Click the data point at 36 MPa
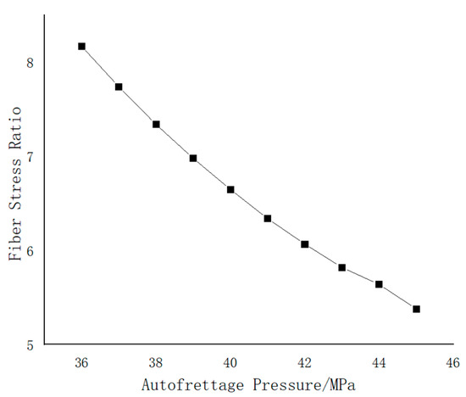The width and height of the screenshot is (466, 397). [x=81, y=46]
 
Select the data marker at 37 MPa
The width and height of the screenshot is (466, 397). [x=119, y=87]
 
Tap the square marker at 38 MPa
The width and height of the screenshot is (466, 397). [x=156, y=124]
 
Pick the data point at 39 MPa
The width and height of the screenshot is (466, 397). [x=193, y=158]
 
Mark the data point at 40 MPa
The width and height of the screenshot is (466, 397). [x=230, y=189]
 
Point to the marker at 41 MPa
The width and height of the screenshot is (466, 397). [x=268, y=218]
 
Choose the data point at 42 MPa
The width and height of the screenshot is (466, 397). [x=305, y=244]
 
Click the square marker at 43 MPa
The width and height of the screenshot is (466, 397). [x=342, y=267]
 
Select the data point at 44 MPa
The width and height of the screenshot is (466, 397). [x=379, y=284]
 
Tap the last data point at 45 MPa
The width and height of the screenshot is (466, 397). [x=416, y=309]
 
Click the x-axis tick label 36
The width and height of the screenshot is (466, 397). [x=81, y=362]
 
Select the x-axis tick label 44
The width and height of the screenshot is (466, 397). [x=379, y=362]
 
